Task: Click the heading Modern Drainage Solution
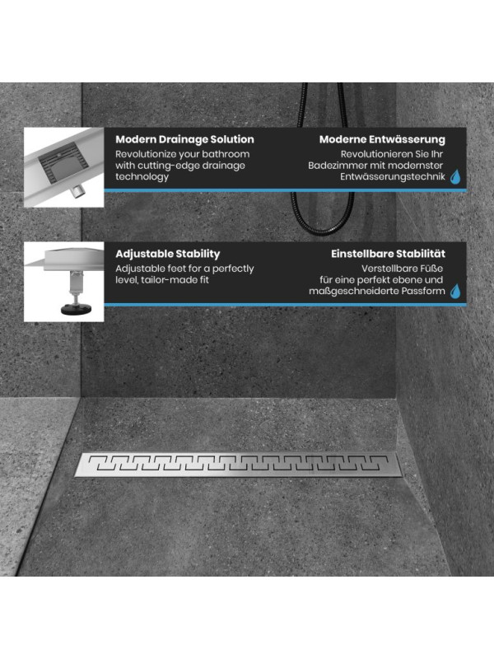click(184, 139)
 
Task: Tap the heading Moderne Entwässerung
click(382, 139)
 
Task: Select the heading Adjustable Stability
click(168, 254)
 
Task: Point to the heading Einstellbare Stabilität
click(388, 254)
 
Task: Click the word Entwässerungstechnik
click(393, 177)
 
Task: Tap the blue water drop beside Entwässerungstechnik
click(455, 177)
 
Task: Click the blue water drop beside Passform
click(455, 292)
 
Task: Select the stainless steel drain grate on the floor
click(239, 465)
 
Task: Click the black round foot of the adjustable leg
click(76, 310)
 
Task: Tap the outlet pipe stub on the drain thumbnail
click(77, 191)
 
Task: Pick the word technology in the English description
click(142, 177)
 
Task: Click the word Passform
click(423, 292)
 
